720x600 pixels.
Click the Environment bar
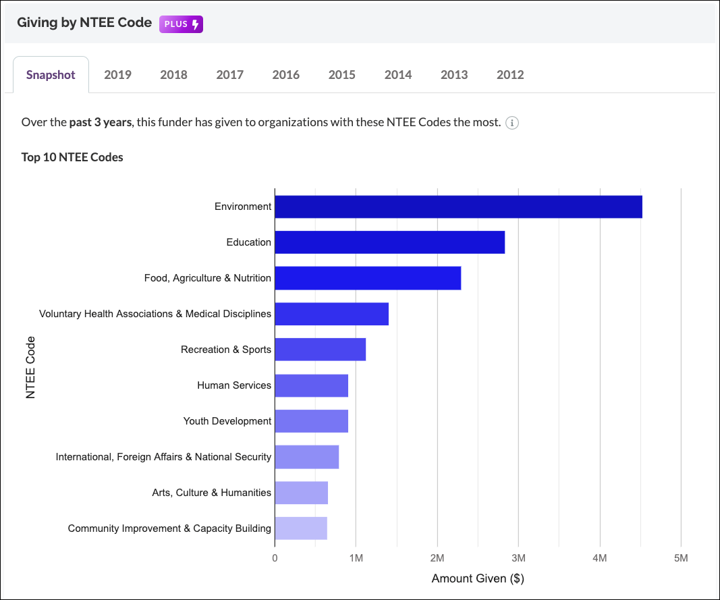coord(458,207)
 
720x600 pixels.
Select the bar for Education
coord(389,242)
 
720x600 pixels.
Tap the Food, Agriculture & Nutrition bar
coord(368,278)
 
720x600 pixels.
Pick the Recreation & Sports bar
coord(320,350)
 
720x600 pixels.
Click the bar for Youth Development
coord(311,421)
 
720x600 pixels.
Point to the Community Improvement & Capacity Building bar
coord(301,528)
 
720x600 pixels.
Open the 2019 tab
coord(117,75)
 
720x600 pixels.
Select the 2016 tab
coord(285,75)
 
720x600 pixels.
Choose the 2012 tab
coord(509,75)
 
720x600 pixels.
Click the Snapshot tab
coord(51,75)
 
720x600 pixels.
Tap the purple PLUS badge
coord(181,24)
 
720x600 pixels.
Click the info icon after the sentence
coord(512,123)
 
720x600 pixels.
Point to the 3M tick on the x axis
coord(518,558)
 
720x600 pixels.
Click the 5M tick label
coord(681,558)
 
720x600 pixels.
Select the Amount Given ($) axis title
coord(478,578)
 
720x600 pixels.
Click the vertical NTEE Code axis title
coord(30,367)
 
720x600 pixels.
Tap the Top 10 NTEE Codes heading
coord(72,158)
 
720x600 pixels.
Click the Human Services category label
coord(234,385)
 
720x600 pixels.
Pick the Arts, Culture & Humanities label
coord(211,493)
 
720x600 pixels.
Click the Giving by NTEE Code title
coord(84,23)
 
